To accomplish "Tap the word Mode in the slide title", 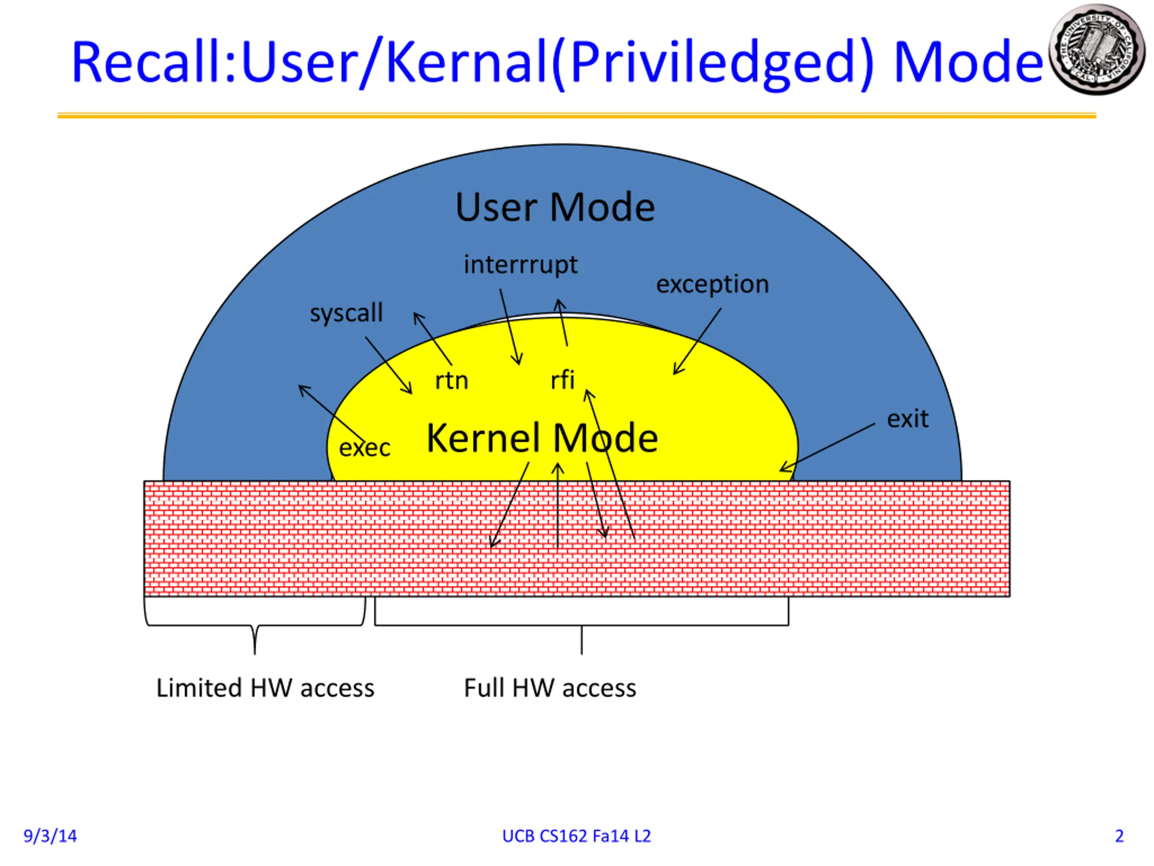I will point(968,63).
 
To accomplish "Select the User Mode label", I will point(554,207).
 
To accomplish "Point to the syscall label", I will point(346,313).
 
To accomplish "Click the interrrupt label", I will point(521,265).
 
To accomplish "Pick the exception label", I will point(712,285).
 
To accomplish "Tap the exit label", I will point(908,419).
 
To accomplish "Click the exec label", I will point(365,448).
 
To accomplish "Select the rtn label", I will point(452,381).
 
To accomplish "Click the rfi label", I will point(563,379).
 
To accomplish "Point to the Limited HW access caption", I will point(266,688).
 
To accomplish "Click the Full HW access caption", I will point(550,688).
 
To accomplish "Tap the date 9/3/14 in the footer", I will point(50,836).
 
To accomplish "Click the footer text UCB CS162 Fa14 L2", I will point(577,836).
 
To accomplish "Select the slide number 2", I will point(1119,836).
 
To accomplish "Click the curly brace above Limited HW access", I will point(255,626).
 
